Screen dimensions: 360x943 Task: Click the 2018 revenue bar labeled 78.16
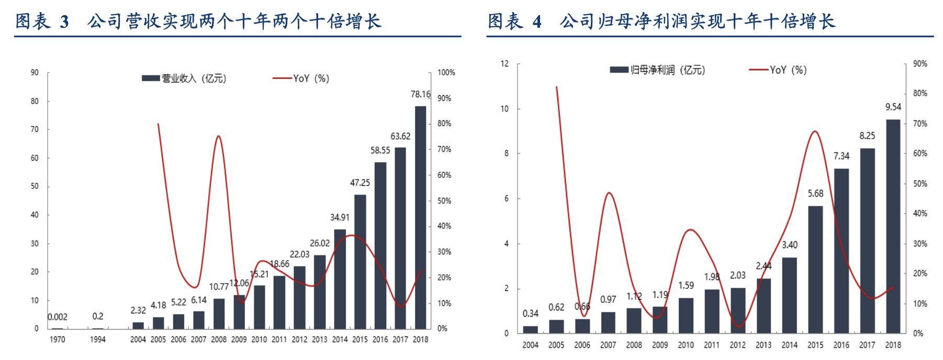[x=420, y=217]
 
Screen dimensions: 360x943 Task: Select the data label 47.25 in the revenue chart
[x=360, y=183]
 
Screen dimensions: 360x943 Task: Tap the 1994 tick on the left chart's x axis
[x=98, y=340]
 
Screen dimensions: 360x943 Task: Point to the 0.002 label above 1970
[x=58, y=317]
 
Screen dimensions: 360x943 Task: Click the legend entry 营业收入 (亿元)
[x=184, y=78]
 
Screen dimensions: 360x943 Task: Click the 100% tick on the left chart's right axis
[x=446, y=73]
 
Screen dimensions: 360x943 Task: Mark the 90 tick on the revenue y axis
[x=35, y=73]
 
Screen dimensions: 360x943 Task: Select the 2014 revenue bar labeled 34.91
[x=340, y=279]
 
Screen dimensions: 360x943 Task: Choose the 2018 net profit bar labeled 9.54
[x=893, y=226]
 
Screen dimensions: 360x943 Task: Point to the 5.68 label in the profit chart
[x=815, y=194]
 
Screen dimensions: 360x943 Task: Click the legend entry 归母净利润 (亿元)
[x=658, y=70]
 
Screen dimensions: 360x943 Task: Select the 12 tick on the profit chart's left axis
[x=504, y=64]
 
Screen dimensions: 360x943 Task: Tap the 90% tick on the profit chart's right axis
[x=920, y=64]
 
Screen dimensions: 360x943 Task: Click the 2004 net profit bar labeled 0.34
[x=530, y=330]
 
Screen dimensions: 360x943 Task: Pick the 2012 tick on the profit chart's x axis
[x=737, y=345]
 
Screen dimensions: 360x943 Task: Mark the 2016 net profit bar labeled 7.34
[x=841, y=251]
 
